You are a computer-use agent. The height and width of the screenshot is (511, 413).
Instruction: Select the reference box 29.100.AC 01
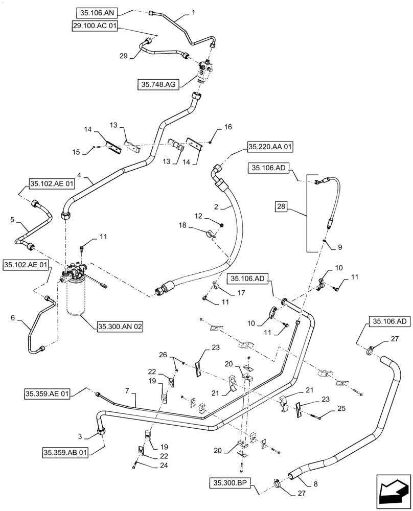[95, 26]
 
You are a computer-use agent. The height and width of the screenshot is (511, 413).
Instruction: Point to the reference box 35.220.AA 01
[270, 147]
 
